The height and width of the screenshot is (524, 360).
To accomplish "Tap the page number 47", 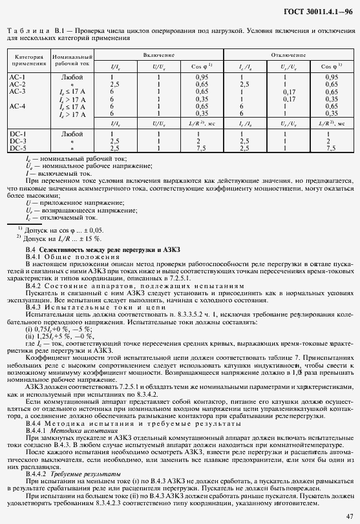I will point(348,514).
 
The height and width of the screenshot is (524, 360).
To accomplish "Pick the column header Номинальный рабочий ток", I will point(72,61).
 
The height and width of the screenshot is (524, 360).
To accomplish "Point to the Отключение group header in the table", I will point(288,56).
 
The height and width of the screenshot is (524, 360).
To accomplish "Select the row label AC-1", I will point(17,78).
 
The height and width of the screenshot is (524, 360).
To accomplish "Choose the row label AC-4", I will point(17,106).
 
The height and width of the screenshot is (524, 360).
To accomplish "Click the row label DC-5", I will point(17,149).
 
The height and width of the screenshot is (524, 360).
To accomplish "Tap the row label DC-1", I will point(17,134).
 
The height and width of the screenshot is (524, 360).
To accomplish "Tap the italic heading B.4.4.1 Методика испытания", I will point(71,429).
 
